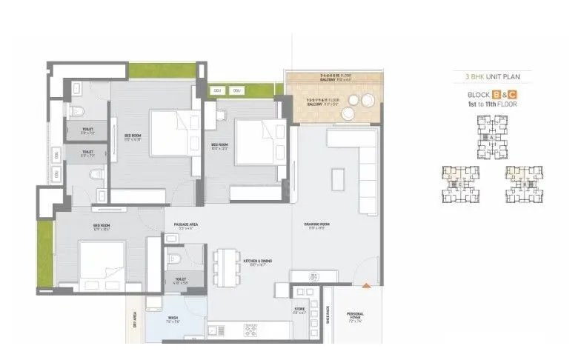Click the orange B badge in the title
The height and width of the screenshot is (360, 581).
point(497,95)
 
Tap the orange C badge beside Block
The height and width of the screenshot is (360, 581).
point(511,95)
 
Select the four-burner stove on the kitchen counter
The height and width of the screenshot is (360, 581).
point(250,330)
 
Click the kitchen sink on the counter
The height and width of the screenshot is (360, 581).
point(215,330)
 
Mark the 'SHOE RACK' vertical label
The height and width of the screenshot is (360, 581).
point(326,316)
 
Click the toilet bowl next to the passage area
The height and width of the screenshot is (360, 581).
point(173,260)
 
